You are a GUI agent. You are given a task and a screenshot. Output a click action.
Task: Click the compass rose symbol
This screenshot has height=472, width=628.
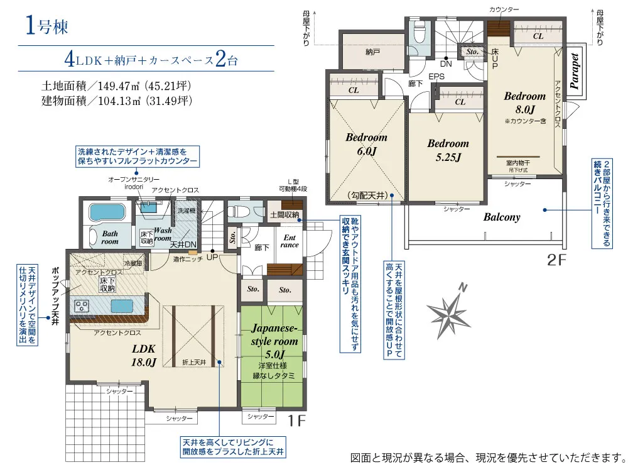pyautogui.click(x=451, y=309)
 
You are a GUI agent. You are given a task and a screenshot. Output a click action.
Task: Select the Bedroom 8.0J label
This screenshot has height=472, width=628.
pyautogui.click(x=524, y=102)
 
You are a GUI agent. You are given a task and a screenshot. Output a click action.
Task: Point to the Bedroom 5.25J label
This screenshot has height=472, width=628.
pyautogui.click(x=448, y=150)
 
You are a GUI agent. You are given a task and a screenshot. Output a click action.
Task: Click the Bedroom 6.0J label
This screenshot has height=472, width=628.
pyautogui.click(x=366, y=143)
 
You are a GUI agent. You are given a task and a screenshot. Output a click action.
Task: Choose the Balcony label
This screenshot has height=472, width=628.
pyautogui.click(x=502, y=217)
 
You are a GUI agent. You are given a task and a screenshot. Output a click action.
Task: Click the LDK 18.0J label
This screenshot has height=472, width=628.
pyautogui.click(x=144, y=354)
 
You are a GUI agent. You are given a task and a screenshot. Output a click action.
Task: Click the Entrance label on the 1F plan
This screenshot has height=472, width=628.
pyautogui.click(x=290, y=241)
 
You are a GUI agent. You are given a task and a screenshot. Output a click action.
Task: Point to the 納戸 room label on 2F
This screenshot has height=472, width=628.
pyautogui.click(x=372, y=53)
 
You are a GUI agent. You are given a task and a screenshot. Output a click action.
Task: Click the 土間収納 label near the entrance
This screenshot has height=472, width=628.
pyautogui.click(x=283, y=215)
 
